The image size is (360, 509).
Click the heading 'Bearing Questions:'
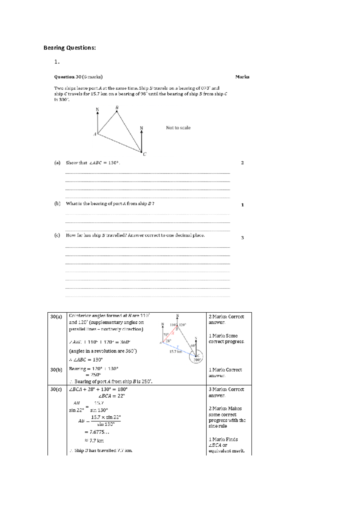[70, 48]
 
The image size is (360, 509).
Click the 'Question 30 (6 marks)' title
[78, 77]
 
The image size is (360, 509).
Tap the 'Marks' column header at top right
[242, 77]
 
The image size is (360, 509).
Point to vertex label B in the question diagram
[117, 108]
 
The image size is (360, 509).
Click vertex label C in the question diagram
[145, 154]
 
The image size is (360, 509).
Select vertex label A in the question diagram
[95, 134]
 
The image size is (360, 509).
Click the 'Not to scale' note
[178, 128]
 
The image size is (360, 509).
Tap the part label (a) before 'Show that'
[57, 163]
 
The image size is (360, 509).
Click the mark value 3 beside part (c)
[242, 238]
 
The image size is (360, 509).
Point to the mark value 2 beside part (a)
[242, 163]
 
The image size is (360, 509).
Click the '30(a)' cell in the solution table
[56, 317]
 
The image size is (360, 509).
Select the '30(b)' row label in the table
[56, 370]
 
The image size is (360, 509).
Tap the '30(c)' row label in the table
[56, 389]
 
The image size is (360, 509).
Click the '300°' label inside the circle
[197, 360]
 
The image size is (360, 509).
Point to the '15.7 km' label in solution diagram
[176, 352]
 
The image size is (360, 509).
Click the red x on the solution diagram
[173, 333]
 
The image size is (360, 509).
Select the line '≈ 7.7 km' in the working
[94, 441]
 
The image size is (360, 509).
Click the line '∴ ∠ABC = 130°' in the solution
[86, 360]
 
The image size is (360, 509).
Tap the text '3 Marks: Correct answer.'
[226, 392]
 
